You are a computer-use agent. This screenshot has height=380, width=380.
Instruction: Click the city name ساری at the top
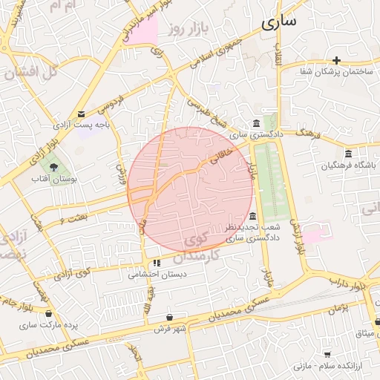point(278,21)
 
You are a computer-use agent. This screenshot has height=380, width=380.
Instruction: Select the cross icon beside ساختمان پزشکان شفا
point(337,60)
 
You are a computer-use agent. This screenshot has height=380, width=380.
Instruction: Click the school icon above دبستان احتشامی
point(157,263)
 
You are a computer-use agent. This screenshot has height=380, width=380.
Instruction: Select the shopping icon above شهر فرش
point(171,317)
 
